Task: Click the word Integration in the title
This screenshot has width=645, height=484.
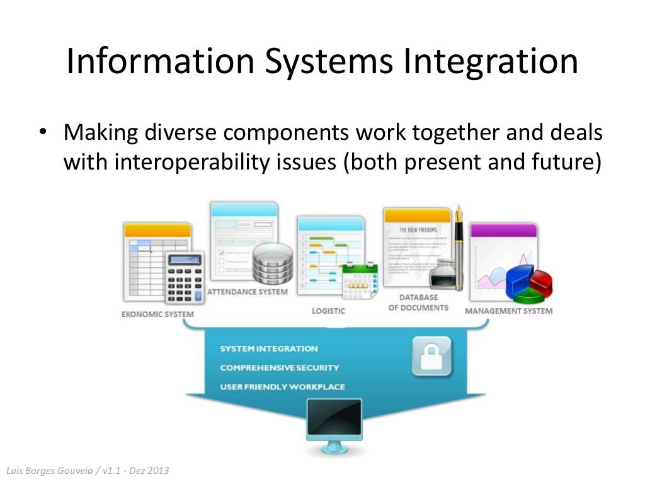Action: pos(491,62)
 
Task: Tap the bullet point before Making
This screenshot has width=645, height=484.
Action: pos(42,134)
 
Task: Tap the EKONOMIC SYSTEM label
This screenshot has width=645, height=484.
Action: pos(157,314)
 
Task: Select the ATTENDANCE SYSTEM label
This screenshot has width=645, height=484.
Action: pos(248,292)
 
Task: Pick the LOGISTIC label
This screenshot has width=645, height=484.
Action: pos(329,311)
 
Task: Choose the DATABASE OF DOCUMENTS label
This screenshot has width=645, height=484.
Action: pos(418,302)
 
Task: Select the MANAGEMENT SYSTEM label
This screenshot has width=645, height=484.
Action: pos(508,311)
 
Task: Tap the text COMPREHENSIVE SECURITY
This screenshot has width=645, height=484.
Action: pos(279,367)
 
